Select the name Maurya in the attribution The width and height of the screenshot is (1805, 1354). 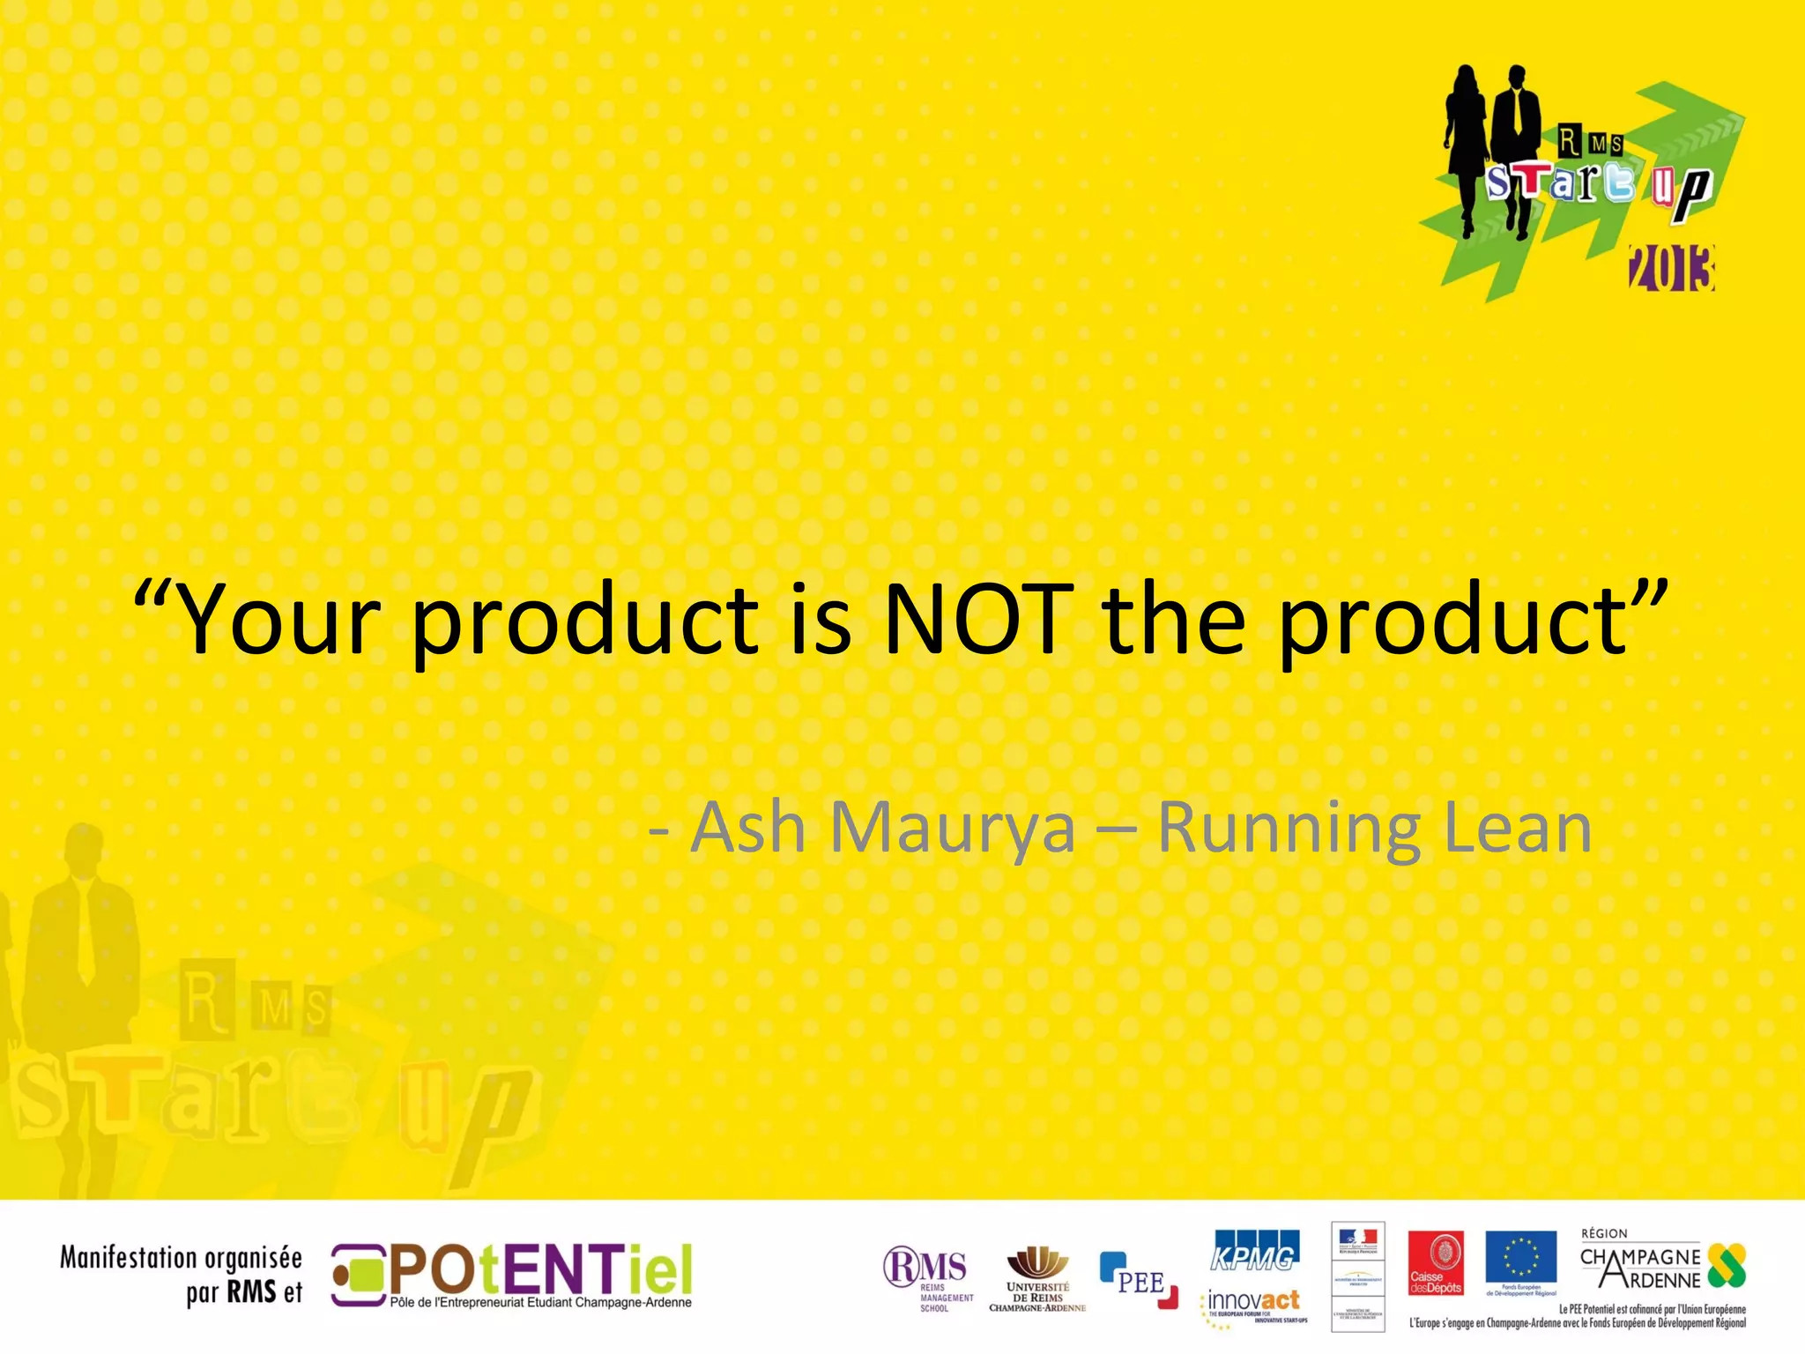[x=952, y=829]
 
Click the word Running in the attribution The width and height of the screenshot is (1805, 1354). [x=1288, y=829]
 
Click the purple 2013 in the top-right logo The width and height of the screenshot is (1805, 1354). [x=1671, y=269]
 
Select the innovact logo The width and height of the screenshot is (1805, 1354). [x=1253, y=1303]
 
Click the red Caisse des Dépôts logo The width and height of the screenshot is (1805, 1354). [x=1436, y=1263]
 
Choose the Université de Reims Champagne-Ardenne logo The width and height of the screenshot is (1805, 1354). [x=1037, y=1279]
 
